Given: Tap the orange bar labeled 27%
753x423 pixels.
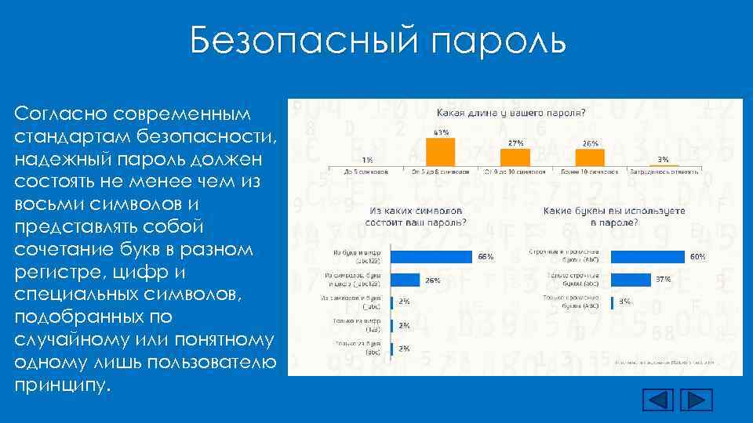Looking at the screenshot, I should pyautogui.click(x=515, y=156).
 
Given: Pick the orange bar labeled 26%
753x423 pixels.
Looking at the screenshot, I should pyautogui.click(x=590, y=156).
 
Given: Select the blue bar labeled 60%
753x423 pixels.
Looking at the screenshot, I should pyautogui.click(x=648, y=256).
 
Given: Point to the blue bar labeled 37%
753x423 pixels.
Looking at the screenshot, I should pyautogui.click(x=631, y=279).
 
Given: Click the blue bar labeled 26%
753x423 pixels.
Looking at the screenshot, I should pyautogui.click(x=406, y=279).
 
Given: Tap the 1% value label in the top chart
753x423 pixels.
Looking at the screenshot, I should pyautogui.click(x=367, y=159).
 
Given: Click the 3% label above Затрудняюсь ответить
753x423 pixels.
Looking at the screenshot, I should pyautogui.click(x=663, y=158).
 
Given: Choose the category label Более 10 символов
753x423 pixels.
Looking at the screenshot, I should pyautogui.click(x=589, y=170).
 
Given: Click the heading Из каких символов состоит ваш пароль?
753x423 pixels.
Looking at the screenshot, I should pyautogui.click(x=416, y=216).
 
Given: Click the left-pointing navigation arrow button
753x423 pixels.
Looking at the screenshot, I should pyautogui.click(x=658, y=399).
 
